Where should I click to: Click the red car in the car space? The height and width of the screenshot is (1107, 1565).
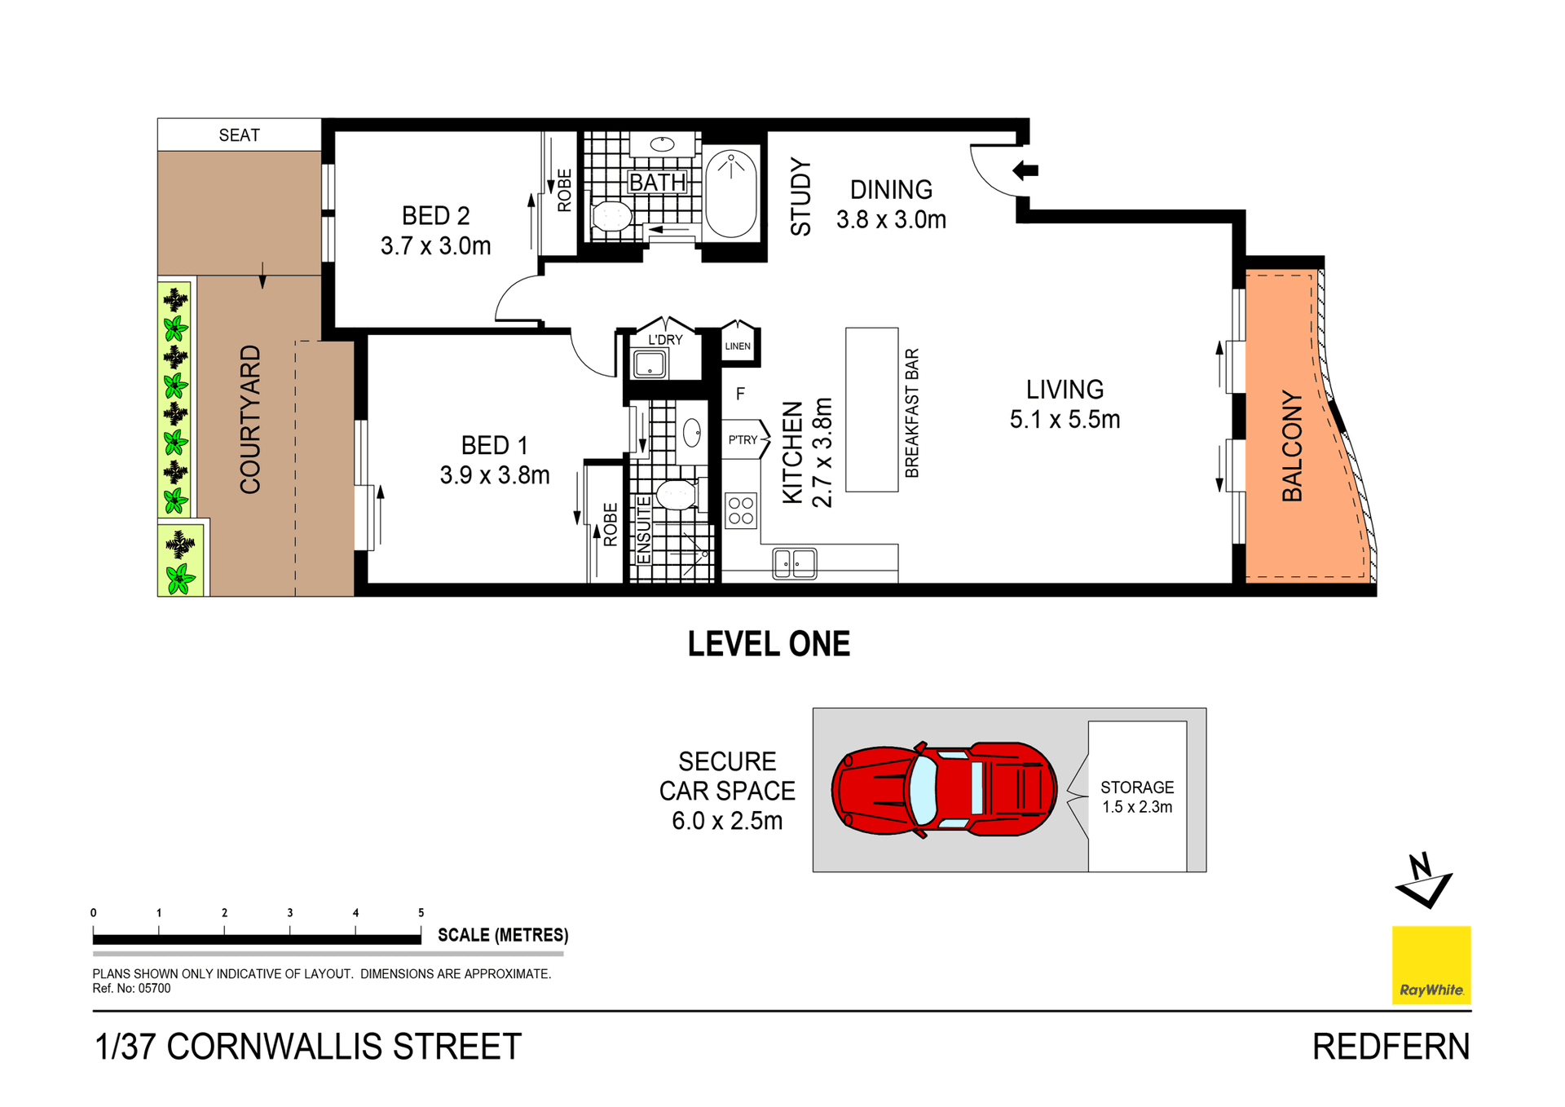click(x=944, y=789)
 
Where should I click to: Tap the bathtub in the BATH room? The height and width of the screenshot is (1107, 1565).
click(x=731, y=194)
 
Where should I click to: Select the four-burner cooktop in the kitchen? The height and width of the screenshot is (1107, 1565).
click(x=741, y=511)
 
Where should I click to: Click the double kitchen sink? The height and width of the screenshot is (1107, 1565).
click(x=795, y=563)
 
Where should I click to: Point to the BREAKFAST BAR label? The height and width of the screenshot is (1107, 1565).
click(x=912, y=413)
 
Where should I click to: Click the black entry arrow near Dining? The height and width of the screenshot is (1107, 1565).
click(x=1025, y=170)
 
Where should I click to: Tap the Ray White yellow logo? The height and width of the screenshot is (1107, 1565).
click(x=1431, y=965)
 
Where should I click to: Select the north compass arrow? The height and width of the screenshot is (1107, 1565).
click(x=1425, y=882)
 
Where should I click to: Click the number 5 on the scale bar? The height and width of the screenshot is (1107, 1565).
click(x=421, y=913)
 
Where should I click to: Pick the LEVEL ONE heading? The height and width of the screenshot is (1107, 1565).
click(x=769, y=644)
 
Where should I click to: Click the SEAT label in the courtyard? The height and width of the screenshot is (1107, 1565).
click(x=239, y=135)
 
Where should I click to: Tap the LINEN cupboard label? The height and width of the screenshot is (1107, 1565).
click(x=738, y=346)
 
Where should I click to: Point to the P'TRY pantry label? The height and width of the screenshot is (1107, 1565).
click(x=743, y=440)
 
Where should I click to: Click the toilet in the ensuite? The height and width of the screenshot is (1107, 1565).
click(x=675, y=495)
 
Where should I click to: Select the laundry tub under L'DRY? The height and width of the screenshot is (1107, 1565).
click(x=650, y=364)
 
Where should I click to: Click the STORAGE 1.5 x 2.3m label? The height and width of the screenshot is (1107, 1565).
click(x=1137, y=797)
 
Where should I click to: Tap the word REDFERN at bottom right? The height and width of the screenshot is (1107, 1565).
click(x=1391, y=1047)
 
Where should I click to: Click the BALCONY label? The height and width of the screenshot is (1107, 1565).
click(x=1292, y=446)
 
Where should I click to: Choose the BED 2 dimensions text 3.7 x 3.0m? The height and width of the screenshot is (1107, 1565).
click(x=436, y=246)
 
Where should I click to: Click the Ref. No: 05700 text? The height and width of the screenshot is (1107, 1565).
click(x=131, y=989)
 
